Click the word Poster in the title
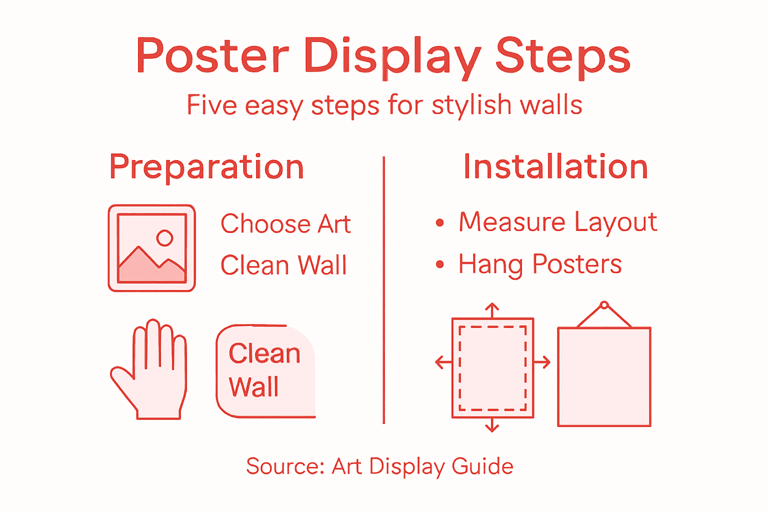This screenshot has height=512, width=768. click(x=212, y=56)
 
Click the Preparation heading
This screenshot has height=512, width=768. click(x=206, y=167)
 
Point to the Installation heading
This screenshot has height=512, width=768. click(x=555, y=167)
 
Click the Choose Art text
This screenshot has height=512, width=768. click(x=285, y=223)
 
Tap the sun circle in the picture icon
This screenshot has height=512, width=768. click(x=164, y=238)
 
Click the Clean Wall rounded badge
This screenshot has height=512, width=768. click(x=265, y=370)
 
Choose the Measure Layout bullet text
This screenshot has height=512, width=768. click(x=557, y=222)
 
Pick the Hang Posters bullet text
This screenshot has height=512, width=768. click(x=540, y=264)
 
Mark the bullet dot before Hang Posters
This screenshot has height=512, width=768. click(x=439, y=264)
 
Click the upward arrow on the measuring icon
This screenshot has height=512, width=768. click(x=492, y=309)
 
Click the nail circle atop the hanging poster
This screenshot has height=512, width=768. click(x=604, y=305)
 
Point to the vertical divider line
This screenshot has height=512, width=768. click(x=383, y=290)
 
